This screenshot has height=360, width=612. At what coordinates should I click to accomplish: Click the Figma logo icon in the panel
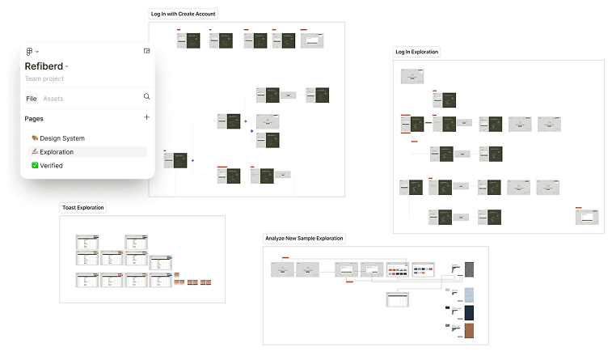tap(29, 52)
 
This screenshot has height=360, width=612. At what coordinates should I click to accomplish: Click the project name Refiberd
tap(44, 66)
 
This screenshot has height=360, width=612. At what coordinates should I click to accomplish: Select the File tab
tap(32, 99)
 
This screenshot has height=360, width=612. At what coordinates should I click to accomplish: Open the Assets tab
tap(53, 99)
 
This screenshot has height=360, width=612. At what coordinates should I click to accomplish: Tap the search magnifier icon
tap(146, 96)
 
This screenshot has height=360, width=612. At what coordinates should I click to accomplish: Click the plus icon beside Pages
tap(146, 118)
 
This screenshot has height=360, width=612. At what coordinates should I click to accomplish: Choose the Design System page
tap(61, 138)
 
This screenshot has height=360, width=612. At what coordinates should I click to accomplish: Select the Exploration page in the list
tap(57, 152)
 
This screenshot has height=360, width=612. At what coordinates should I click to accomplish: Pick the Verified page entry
tap(51, 166)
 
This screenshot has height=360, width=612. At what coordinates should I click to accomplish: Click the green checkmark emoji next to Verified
tap(35, 166)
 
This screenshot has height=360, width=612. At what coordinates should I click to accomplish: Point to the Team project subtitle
tap(44, 79)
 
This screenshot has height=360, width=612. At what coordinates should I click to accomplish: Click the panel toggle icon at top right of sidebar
tap(146, 51)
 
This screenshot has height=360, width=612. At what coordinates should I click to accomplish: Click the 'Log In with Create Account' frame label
tap(184, 14)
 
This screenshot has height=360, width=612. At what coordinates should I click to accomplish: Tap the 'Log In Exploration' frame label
tap(416, 52)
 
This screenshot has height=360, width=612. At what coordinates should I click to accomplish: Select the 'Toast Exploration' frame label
tap(83, 208)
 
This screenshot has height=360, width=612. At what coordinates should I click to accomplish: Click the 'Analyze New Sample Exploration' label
tap(304, 239)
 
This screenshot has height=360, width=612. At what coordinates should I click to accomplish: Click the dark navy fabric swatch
tap(469, 312)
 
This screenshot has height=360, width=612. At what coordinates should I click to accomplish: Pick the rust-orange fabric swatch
tap(469, 331)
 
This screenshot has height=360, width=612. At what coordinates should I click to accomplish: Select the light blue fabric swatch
tap(469, 294)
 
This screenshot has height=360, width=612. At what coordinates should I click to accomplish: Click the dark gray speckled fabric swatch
tap(469, 269)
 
